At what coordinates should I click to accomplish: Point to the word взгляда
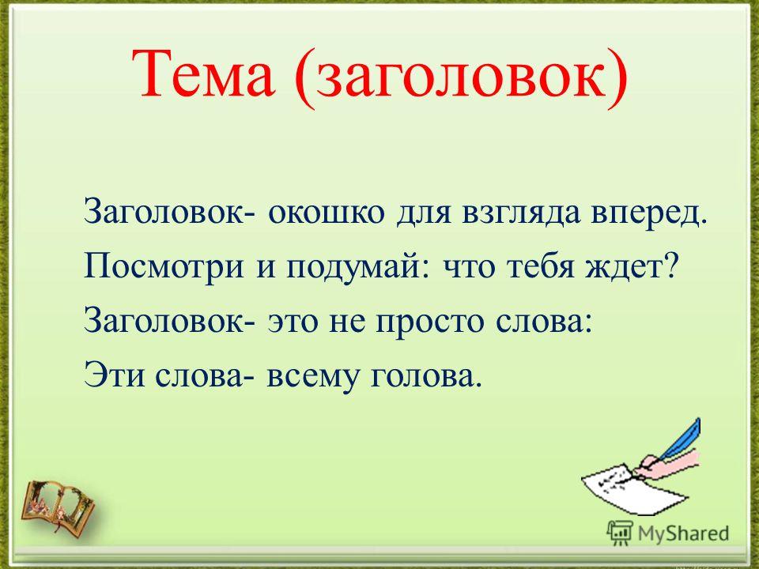[520, 215]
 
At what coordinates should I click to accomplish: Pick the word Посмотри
[164, 267]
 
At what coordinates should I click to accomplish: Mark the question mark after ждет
[667, 266]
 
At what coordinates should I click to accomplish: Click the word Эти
[114, 375]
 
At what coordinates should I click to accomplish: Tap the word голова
[426, 376]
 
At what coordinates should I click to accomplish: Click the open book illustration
[58, 507]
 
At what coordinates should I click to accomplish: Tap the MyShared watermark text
[683, 533]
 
